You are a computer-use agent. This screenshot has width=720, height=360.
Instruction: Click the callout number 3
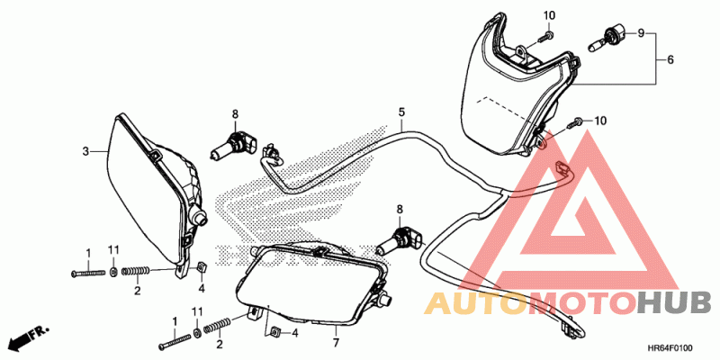pos(86,151)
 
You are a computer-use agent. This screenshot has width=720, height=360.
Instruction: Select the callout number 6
pos(670,59)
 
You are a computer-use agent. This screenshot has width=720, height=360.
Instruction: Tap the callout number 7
pos(334,343)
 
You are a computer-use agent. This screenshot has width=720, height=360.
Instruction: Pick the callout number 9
pos(642,33)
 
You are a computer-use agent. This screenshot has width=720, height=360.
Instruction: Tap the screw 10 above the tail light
pos(548,37)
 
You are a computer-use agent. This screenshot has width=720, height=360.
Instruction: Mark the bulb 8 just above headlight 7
pos(400,239)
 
